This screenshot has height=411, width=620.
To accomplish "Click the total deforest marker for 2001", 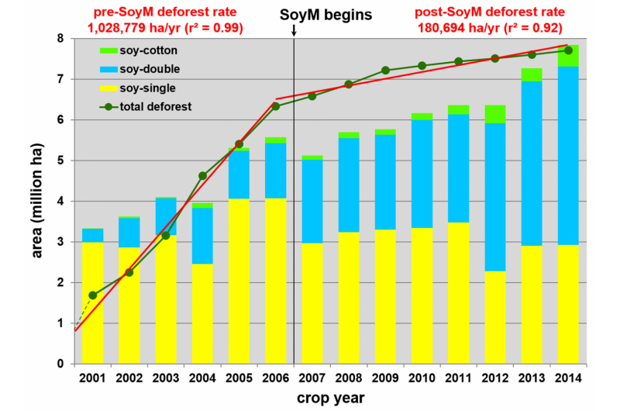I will (x=93, y=295).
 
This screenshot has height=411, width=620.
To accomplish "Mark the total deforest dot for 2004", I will (x=202, y=176).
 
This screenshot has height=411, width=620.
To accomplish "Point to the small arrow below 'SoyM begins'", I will (x=294, y=31).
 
